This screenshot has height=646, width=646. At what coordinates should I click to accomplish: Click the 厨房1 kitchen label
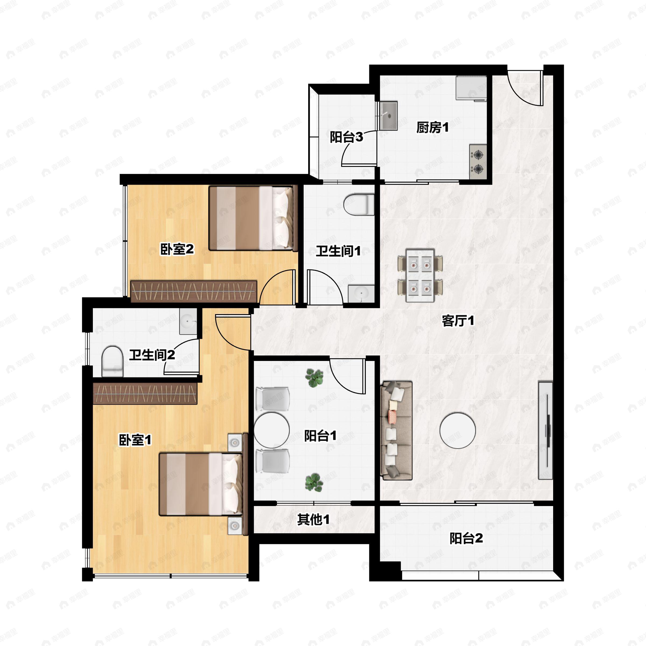pyautogui.click(x=432, y=127)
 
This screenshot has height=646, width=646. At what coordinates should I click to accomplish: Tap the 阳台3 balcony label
pyautogui.click(x=346, y=137)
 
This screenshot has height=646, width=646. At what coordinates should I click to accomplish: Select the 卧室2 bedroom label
pyautogui.click(x=177, y=249)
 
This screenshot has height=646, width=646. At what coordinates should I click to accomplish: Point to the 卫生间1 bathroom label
pyautogui.click(x=338, y=251)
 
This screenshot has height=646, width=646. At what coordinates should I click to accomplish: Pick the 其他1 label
pyautogui.click(x=313, y=519)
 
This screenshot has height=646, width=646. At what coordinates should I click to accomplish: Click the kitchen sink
pyautogui.click(x=388, y=116)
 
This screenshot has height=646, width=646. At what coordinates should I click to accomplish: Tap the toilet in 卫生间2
pyautogui.click(x=112, y=361)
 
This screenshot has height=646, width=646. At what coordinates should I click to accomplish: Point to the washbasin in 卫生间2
pyautogui.click(x=188, y=321)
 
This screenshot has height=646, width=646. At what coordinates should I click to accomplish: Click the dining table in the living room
pyautogui.click(x=420, y=275)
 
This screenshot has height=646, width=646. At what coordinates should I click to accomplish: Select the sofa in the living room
pyautogui.click(x=396, y=431)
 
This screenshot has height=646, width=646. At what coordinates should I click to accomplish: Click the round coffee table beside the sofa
pyautogui.click(x=457, y=431)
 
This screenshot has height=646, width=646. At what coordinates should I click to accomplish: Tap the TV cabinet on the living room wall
pyautogui.click(x=545, y=431)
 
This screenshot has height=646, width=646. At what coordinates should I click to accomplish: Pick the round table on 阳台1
pyautogui.click(x=272, y=430)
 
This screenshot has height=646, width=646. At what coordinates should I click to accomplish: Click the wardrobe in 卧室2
pyautogui.click(x=194, y=291)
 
